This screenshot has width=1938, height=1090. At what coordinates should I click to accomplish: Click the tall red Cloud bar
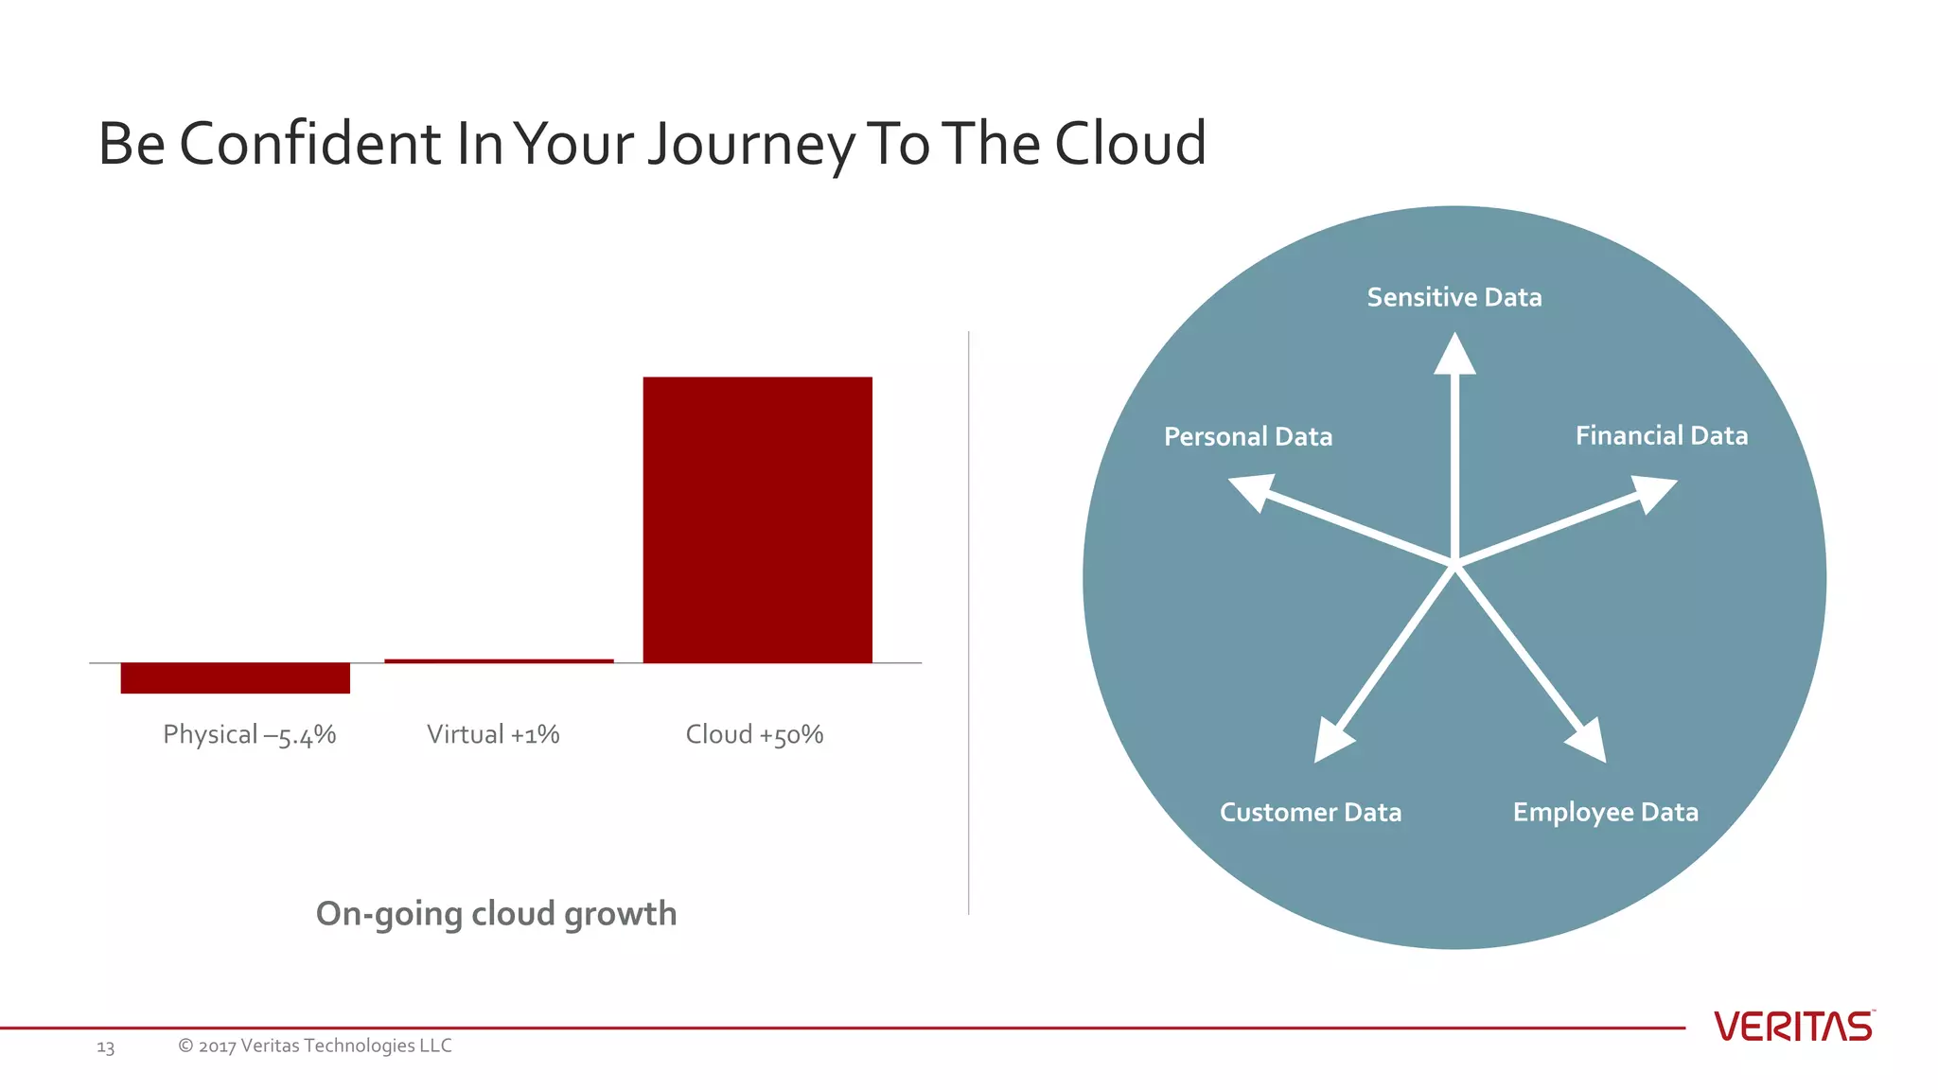coord(757,519)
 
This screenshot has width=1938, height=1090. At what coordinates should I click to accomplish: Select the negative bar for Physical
coord(235,677)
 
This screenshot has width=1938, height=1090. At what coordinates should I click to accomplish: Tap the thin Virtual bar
coord(499,660)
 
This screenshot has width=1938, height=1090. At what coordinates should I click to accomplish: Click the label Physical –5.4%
coord(249,734)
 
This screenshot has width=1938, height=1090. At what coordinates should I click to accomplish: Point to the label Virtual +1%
coord(493,734)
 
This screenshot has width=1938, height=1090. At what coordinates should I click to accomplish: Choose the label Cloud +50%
coord(754,734)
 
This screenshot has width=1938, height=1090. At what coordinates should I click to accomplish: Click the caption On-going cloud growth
coord(496,914)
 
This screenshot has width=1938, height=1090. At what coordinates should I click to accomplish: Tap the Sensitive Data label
coord(1454,297)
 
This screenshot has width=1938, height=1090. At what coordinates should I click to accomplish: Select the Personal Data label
coord(1247,436)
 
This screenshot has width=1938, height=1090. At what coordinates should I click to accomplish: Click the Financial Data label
coord(1661,435)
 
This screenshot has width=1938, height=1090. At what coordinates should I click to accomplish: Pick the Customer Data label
coord(1310,812)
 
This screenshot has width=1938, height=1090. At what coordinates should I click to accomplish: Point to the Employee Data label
coord(1605,812)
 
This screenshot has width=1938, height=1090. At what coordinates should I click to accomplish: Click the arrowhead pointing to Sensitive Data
coord(1454,356)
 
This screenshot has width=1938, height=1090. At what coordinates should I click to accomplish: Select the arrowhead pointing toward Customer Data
coord(1331,742)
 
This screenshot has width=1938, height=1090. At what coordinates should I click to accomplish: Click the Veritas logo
coord(1793,1027)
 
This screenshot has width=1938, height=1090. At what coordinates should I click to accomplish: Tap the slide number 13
coord(105,1047)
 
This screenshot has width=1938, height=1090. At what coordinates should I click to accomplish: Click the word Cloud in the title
coord(1130,144)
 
